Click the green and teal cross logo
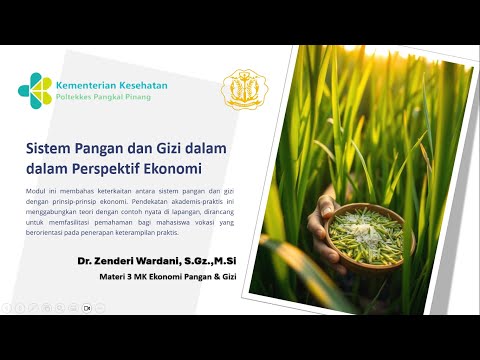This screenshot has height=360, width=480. (x=37, y=91)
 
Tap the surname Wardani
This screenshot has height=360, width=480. (x=172, y=260)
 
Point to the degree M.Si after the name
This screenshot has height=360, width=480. (x=237, y=260)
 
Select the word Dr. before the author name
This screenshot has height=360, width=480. (x=86, y=260)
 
